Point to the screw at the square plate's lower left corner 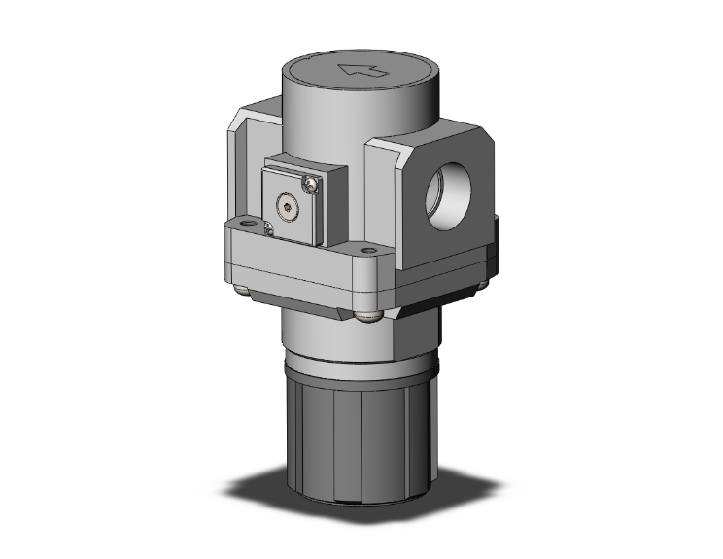(x=269, y=228)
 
